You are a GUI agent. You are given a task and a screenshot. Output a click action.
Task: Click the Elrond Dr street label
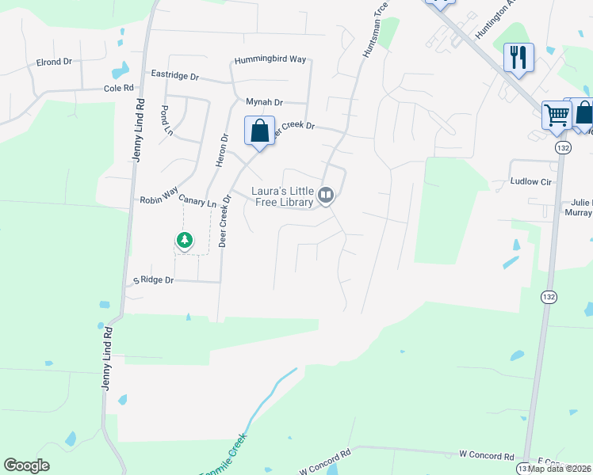pyautogui.click(x=54, y=62)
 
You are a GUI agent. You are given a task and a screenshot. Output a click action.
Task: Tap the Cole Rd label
pyautogui.click(x=118, y=89)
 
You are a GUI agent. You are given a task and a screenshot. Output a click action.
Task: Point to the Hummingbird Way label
pyautogui.click(x=270, y=59)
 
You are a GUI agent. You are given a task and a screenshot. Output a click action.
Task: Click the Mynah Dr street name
pyautogui.click(x=264, y=102)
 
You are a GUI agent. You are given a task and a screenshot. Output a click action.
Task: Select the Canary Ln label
pyautogui.click(x=200, y=203)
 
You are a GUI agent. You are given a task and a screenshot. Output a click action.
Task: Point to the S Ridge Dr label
pyautogui.click(x=152, y=280)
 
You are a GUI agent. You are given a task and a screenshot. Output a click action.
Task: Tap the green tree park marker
pyautogui.click(x=185, y=239)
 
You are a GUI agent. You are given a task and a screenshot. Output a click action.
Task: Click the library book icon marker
pyautogui.click(x=326, y=194)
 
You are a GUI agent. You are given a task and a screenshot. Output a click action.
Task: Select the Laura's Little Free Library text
pyautogui.click(x=281, y=196)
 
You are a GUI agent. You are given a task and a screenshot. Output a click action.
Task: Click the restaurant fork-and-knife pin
pyautogui.click(x=518, y=57)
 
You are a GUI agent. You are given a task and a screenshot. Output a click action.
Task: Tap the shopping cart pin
pyautogui.click(x=557, y=115)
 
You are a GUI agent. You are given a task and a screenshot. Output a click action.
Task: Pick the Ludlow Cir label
pyautogui.click(x=530, y=182)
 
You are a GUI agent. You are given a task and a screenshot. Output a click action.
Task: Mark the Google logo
pyautogui.click(x=27, y=465)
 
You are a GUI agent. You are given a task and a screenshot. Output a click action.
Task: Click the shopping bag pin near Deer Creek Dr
pyautogui.click(x=260, y=131)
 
